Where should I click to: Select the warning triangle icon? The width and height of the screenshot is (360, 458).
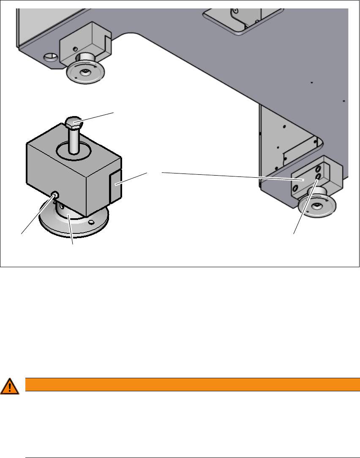tap(10, 386)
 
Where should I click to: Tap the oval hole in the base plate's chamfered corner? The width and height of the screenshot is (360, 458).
tap(50, 56)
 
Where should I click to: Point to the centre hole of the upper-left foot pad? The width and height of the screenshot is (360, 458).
tap(86, 72)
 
